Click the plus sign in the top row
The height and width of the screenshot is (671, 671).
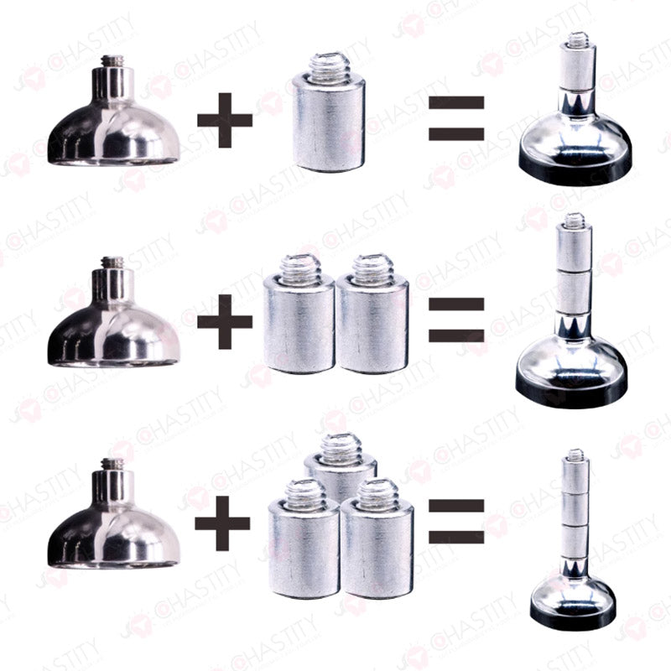click(x=224, y=118)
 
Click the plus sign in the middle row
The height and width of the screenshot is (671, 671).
click(x=224, y=320)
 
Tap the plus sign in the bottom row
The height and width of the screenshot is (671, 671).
click(x=222, y=523)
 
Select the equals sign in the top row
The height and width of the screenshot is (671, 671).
click(x=456, y=118)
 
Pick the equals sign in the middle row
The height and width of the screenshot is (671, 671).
click(x=456, y=320)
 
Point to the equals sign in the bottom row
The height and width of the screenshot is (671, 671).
click(x=456, y=520)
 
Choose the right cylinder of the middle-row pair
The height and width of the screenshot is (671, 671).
click(x=372, y=327)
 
